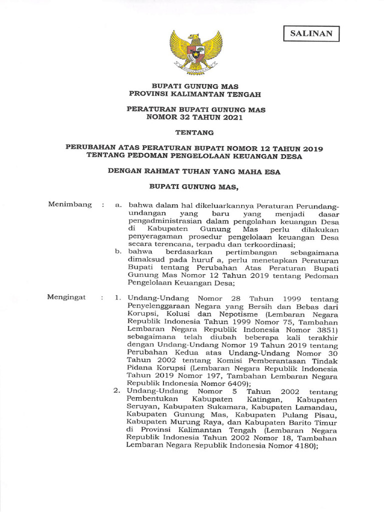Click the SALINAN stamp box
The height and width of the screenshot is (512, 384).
point(311,34)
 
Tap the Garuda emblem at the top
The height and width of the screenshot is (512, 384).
point(195,51)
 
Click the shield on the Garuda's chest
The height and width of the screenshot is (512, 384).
point(195,51)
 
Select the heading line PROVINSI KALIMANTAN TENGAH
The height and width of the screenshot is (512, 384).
point(195,93)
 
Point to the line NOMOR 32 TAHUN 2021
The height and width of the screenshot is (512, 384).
point(195,117)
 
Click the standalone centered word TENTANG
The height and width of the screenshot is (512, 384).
point(195,133)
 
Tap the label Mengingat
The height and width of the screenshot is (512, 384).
point(66,297)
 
